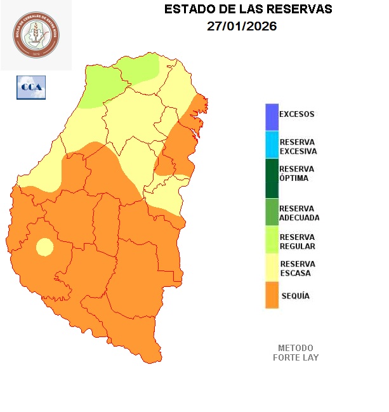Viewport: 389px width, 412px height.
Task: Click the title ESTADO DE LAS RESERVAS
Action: [x=247, y=10]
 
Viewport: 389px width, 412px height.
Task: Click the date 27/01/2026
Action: [x=242, y=27]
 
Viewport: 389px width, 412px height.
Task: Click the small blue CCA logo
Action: [x=30, y=87]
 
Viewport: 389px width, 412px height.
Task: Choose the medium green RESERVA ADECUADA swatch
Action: [x=272, y=212]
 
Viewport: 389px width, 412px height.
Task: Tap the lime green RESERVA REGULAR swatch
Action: [x=272, y=241]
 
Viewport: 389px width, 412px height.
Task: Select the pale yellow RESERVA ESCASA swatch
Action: [x=272, y=268]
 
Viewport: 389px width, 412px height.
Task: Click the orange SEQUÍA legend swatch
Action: [x=272, y=296]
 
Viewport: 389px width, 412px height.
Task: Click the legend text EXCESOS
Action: [x=297, y=114]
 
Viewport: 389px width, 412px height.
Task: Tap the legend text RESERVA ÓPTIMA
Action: [x=297, y=173]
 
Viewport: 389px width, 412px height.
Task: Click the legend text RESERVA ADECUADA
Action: [x=299, y=213]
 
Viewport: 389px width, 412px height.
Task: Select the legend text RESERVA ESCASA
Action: [x=297, y=268]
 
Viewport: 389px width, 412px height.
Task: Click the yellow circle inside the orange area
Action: [x=44, y=246]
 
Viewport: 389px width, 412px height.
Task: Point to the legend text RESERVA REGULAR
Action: [x=298, y=241]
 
